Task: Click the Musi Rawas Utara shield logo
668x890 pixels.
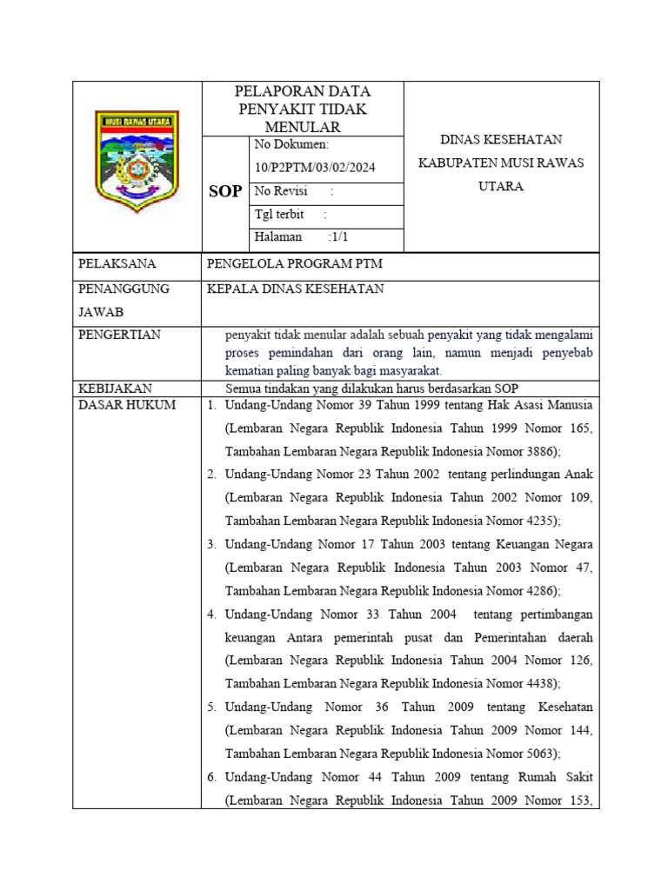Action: (137, 162)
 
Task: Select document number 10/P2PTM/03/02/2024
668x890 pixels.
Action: (315, 168)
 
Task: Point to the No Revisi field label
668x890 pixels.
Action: (277, 191)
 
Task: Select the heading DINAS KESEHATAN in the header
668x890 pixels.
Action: (501, 139)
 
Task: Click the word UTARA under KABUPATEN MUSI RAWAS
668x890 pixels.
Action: (501, 186)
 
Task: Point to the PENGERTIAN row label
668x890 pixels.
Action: (120, 335)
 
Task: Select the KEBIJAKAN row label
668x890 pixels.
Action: (116, 389)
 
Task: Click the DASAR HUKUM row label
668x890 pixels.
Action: (127, 405)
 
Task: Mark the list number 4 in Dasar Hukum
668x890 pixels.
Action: (211, 614)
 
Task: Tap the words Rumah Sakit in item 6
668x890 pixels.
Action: (561, 777)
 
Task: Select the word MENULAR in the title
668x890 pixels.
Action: (303, 128)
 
